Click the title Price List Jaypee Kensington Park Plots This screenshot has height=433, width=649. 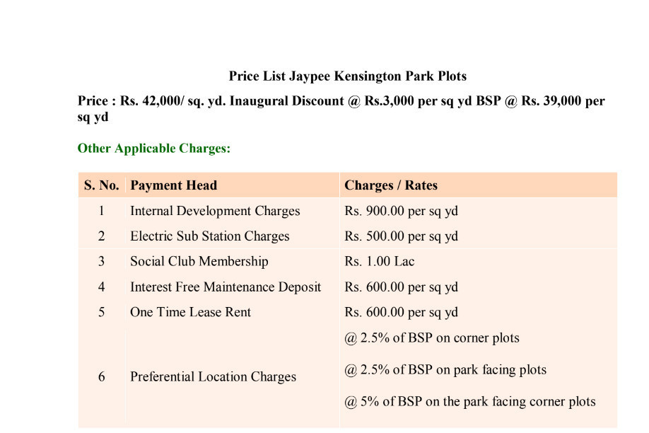pyautogui.click(x=347, y=76)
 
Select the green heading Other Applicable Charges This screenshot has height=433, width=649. pyautogui.click(x=154, y=149)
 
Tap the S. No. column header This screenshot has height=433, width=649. pyautogui.click(x=101, y=185)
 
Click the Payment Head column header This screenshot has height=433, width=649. pyautogui.click(x=173, y=185)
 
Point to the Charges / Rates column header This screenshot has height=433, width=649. pyautogui.click(x=391, y=185)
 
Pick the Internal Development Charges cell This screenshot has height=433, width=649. pyautogui.click(x=215, y=211)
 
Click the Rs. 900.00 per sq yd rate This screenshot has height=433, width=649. pyautogui.click(x=401, y=211)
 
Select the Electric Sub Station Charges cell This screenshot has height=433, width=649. pyautogui.click(x=209, y=236)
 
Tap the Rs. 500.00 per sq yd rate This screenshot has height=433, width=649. pyautogui.click(x=401, y=236)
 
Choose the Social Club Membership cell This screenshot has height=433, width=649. pyautogui.click(x=199, y=262)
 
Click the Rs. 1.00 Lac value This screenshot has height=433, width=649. pyautogui.click(x=380, y=262)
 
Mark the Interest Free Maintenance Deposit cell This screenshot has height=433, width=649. pyautogui.click(x=226, y=287)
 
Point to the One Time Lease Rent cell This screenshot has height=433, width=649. pyautogui.click(x=190, y=313)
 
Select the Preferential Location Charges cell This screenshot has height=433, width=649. pyautogui.click(x=213, y=377)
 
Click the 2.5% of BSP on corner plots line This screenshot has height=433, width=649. pyautogui.click(x=432, y=338)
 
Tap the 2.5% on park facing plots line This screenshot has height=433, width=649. pyautogui.click(x=445, y=370)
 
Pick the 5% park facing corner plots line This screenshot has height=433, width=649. pyautogui.click(x=470, y=402)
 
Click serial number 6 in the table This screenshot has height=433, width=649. pyautogui.click(x=101, y=377)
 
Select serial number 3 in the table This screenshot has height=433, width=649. pyautogui.click(x=101, y=262)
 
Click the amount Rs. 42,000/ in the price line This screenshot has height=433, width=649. pyautogui.click(x=152, y=101)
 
